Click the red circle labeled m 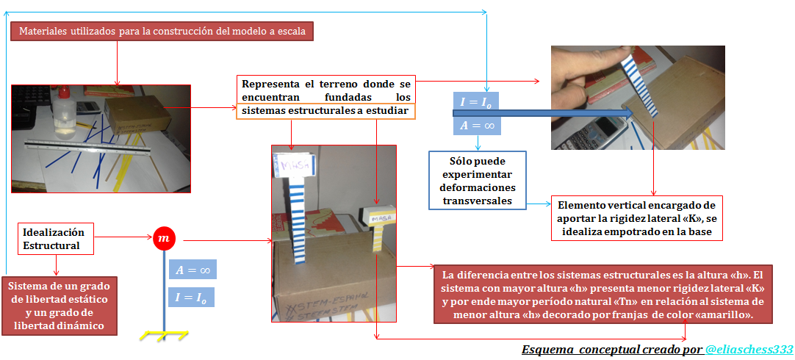click(x=164, y=238)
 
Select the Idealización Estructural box click(x=54, y=238)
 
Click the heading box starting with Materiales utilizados click(x=162, y=32)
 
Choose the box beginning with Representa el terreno click(x=325, y=96)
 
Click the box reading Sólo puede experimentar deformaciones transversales click(x=478, y=181)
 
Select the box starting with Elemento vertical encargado click(x=636, y=218)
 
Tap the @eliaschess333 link click(x=749, y=350)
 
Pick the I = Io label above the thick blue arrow click(x=477, y=102)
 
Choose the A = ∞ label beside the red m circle click(x=193, y=270)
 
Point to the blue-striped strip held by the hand click(x=640, y=82)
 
